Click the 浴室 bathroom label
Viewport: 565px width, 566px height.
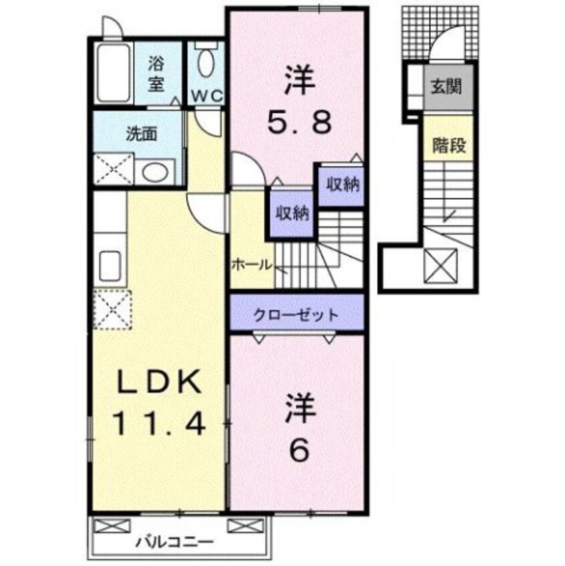[156, 75]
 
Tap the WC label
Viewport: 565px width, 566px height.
[206, 96]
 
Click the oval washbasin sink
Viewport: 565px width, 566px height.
[156, 172]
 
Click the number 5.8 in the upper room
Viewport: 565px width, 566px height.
[299, 122]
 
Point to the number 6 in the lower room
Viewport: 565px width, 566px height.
[299, 452]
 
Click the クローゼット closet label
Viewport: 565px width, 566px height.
[296, 314]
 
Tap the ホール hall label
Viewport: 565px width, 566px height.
[251, 263]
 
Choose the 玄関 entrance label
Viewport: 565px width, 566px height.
[447, 87]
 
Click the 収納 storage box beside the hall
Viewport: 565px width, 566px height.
[293, 213]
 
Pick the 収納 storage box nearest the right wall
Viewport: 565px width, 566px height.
[341, 184]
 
